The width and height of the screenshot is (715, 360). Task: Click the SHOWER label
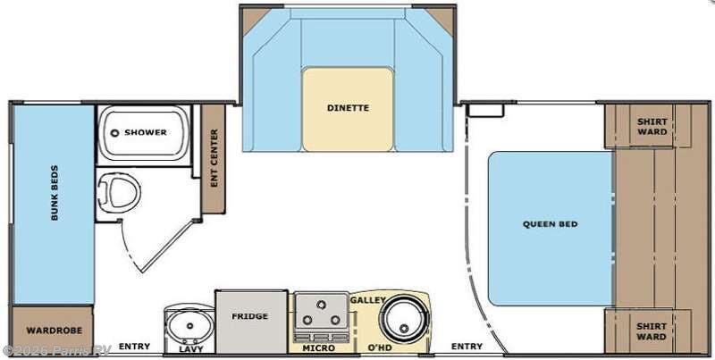click(146, 132)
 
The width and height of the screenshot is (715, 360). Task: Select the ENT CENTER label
click(214, 159)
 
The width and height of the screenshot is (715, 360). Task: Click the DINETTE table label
click(347, 108)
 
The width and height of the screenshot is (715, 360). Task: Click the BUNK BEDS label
click(54, 192)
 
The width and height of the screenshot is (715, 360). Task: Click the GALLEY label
click(367, 300)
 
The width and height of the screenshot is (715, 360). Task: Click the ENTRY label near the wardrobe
click(134, 347)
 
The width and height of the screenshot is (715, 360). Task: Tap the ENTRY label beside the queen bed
click(467, 347)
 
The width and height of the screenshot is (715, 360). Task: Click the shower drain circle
click(114, 132)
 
